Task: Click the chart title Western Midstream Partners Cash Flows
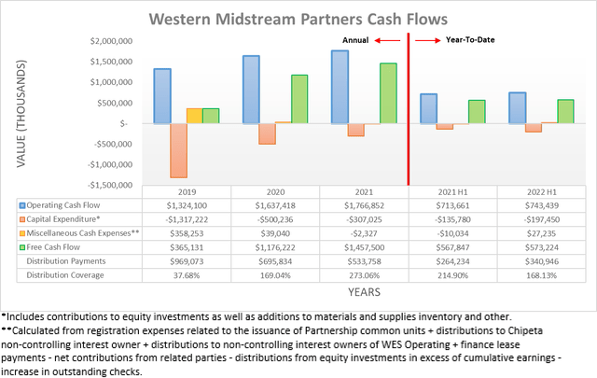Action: pos(299,18)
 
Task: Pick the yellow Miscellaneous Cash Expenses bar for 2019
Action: pos(194,116)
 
